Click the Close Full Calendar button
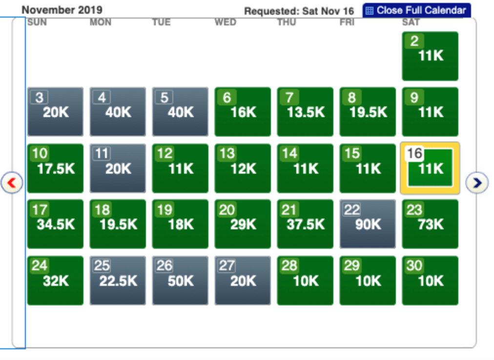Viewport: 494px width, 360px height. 416,10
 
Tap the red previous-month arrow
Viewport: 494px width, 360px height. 12,183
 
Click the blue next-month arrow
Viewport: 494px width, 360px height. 477,183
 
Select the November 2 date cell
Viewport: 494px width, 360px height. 430,56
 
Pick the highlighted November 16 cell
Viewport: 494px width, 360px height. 430,168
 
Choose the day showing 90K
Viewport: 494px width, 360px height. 368,224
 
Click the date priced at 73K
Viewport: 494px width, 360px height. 430,224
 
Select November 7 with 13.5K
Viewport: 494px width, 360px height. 305,112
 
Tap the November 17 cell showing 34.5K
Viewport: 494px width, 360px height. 55,224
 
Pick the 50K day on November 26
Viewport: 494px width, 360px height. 180,280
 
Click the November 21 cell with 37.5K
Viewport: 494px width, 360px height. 305,224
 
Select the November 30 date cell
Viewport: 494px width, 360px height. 430,280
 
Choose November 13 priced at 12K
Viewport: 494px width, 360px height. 243,168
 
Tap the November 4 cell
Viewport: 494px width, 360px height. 118,112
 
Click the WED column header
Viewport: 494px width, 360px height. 225,22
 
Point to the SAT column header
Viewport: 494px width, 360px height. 411,22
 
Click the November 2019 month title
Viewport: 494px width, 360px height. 62,10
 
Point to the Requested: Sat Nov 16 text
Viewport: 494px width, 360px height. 299,11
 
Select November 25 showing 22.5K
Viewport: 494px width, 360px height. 118,280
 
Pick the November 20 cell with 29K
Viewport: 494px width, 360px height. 243,224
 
